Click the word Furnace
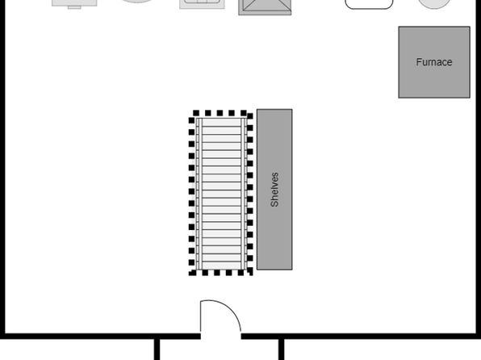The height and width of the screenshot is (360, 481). pos(434,62)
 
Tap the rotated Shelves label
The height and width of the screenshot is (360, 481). pos(274,190)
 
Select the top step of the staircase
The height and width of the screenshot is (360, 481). pos(221,122)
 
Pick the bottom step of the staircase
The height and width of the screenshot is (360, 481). pos(221,266)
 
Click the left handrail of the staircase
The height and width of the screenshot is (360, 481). pos(199,194)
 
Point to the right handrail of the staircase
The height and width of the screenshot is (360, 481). pos(244,194)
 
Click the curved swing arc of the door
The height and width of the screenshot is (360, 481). pos(227,309)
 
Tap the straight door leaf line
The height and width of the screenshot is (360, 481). pos(201,316)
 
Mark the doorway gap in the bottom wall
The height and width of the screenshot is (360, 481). pos(221,336)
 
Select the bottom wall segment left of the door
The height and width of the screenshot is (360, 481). pos(100,336)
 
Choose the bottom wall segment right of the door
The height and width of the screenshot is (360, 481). pos(361,336)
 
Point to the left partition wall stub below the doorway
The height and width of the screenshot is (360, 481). pos(157,350)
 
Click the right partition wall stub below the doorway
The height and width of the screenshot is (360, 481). pos(281,350)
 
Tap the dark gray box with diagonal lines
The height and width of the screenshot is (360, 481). pos(265,7)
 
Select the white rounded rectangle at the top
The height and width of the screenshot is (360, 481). pos(369,4)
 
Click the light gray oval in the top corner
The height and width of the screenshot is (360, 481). pos(434,4)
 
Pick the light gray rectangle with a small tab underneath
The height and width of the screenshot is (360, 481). pos(74,4)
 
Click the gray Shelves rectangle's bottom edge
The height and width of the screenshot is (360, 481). pos(274,270)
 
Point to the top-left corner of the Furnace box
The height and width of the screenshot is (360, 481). pos(399,27)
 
